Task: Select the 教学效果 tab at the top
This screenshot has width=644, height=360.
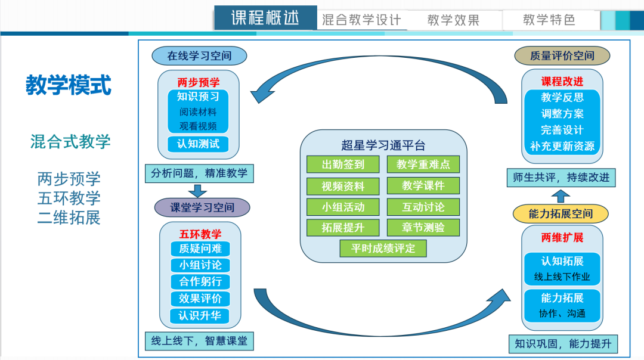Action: click(453, 20)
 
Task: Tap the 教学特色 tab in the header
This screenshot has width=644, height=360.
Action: click(549, 20)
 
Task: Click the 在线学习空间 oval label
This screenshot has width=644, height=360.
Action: click(199, 56)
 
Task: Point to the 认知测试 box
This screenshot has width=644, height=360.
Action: click(198, 144)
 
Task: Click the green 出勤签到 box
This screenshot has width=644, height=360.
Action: click(343, 164)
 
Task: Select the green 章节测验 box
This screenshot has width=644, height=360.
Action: click(423, 228)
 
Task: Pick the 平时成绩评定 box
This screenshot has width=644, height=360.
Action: click(383, 248)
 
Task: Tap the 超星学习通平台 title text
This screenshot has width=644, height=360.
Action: click(383, 145)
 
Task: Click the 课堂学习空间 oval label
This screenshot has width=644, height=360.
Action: click(202, 207)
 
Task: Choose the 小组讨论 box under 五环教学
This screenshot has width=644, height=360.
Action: click(200, 265)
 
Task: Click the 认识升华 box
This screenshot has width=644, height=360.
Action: click(200, 315)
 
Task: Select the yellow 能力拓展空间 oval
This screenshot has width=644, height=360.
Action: click(561, 214)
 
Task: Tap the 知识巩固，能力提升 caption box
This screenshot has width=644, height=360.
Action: click(562, 344)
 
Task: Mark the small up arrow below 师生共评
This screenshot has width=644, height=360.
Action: click(561, 195)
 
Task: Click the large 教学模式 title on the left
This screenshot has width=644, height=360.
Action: click(69, 85)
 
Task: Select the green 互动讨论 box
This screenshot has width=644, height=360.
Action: click(423, 207)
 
